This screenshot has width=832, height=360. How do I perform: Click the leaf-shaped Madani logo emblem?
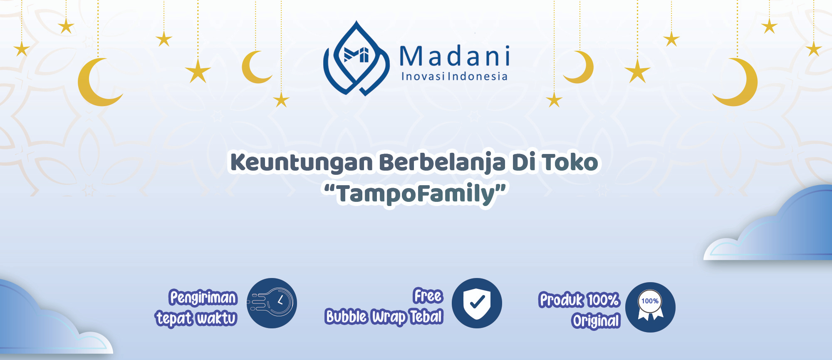356,58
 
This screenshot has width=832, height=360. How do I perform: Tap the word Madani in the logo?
455,56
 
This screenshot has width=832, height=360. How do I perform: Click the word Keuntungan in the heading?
302,163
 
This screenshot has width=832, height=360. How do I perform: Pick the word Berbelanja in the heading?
442,163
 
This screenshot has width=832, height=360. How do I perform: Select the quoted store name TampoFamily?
416,194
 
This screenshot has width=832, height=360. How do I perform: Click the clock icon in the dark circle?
272,303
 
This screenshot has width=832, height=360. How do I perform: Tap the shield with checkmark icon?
477,303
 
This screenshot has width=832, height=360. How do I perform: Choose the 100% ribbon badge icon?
650,307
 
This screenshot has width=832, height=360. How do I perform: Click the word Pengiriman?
203,298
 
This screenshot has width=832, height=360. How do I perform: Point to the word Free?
428,296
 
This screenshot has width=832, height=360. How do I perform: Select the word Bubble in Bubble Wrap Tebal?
346,317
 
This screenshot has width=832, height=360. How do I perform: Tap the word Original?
596,321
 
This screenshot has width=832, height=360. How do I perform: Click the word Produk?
561,300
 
